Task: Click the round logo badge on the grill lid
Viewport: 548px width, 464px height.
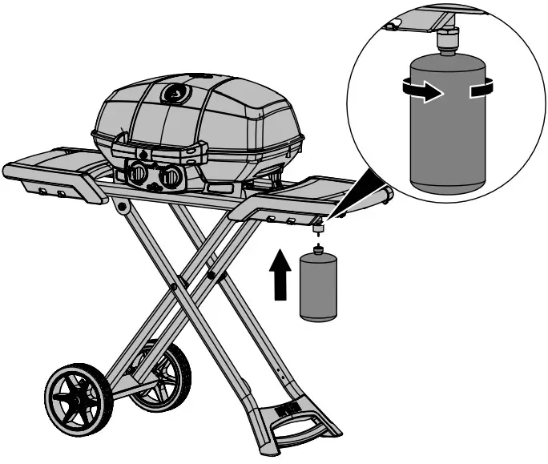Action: [x=173, y=94]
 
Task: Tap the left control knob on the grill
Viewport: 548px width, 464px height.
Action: [x=139, y=172]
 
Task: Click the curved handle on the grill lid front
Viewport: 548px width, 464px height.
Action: [x=156, y=146]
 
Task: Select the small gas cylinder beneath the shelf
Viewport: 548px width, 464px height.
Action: [x=317, y=288]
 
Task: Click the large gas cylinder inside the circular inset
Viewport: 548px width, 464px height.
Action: [x=445, y=124]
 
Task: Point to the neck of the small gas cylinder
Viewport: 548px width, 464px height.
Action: [x=317, y=250]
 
